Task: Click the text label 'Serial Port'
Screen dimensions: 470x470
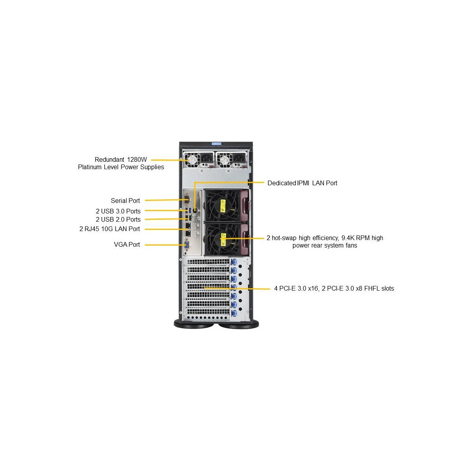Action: pyautogui.click(x=125, y=201)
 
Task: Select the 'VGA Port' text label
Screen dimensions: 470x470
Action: pyautogui.click(x=127, y=244)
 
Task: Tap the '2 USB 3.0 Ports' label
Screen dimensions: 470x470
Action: pyautogui.click(x=118, y=211)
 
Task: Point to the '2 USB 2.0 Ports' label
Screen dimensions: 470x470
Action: pyautogui.click(x=118, y=219)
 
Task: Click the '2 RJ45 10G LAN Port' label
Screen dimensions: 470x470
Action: pyautogui.click(x=110, y=229)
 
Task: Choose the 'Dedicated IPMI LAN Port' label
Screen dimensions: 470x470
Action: pyautogui.click(x=302, y=183)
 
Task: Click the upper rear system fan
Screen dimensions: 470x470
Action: pyautogui.click(x=223, y=206)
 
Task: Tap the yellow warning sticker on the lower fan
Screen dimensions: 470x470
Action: pyautogui.click(x=223, y=239)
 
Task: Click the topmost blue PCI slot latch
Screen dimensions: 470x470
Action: pyautogui.click(x=234, y=262)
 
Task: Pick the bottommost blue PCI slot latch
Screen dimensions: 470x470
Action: pyautogui.click(x=234, y=313)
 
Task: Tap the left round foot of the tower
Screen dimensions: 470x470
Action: pyautogui.click(x=194, y=325)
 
